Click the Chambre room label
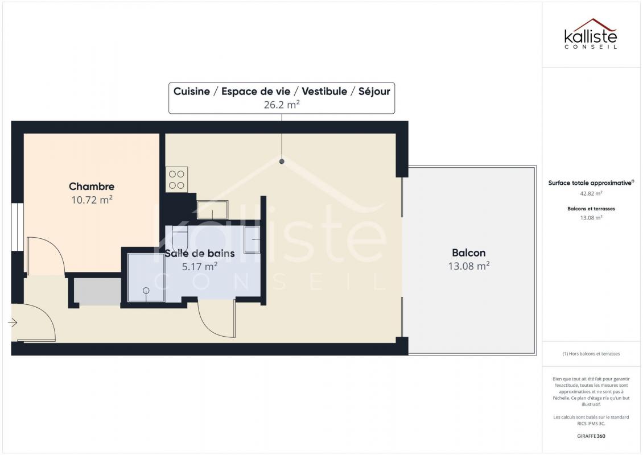[92, 187]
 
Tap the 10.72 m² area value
[92, 200]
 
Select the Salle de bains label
[200, 253]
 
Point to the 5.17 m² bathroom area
[200, 266]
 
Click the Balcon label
[469, 253]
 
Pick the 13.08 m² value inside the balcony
[469, 266]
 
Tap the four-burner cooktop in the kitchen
[177, 180]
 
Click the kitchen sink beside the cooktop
[212, 210]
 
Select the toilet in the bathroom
[180, 239]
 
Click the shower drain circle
[146, 291]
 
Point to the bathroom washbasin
[252, 239]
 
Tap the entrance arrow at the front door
[13, 323]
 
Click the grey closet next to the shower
[98, 292]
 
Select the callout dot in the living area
[282, 162]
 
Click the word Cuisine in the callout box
[192, 92]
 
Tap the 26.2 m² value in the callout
[282, 105]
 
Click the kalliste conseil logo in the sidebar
[591, 34]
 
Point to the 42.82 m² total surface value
[591, 193]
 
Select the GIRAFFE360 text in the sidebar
[591, 436]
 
